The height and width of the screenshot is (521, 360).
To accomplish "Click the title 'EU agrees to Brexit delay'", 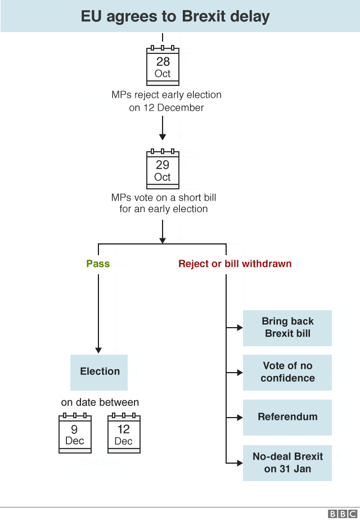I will click(x=175, y=16).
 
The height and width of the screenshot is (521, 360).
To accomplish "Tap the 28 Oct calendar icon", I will click(x=163, y=66).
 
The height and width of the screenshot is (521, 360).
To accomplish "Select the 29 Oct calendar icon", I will click(x=163, y=169).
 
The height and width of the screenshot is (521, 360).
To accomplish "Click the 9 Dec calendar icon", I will click(x=75, y=433).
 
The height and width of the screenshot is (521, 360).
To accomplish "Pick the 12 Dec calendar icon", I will click(x=124, y=433).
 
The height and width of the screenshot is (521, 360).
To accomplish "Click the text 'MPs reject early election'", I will click(x=166, y=95).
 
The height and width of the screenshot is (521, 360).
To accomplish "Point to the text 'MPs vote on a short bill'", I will click(x=164, y=198).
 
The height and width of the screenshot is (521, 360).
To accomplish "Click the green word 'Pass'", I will click(x=98, y=264).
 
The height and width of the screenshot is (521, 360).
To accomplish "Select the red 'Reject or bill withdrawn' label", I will click(x=235, y=264).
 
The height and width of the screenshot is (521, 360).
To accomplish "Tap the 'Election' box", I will click(x=100, y=372).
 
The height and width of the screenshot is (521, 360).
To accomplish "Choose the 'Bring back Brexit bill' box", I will click(x=287, y=328).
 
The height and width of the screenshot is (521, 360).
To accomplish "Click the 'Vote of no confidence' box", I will click(x=287, y=372).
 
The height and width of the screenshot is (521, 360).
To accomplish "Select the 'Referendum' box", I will click(x=287, y=417).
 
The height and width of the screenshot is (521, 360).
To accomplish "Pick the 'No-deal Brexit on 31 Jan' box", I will click(x=287, y=463).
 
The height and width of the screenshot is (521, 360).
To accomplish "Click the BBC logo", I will click(x=343, y=514).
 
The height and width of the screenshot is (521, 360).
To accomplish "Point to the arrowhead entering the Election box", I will click(x=98, y=350).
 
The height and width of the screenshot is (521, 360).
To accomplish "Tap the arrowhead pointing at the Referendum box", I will click(x=239, y=418).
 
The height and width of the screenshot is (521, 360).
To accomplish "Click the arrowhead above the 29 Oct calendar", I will click(x=163, y=137).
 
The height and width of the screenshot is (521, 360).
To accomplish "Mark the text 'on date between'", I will click(x=100, y=402).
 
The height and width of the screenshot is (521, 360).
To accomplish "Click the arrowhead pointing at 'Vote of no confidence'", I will click(x=239, y=372).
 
